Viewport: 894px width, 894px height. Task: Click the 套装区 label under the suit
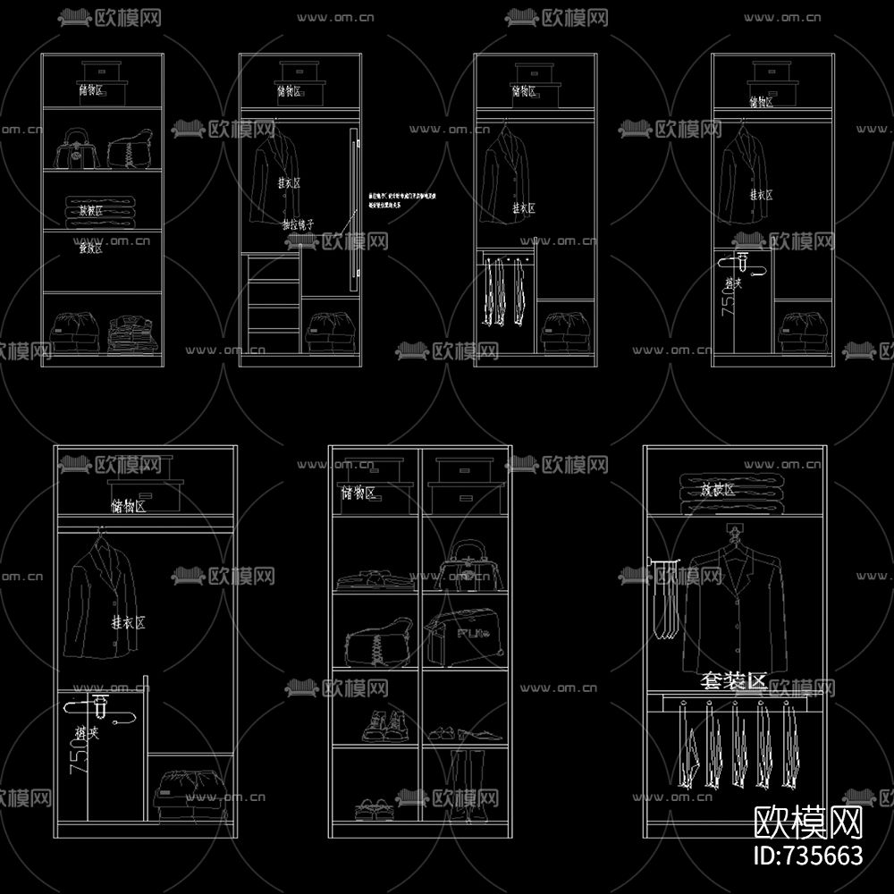click(x=733, y=682)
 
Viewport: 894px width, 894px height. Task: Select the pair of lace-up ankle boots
click(x=384, y=725)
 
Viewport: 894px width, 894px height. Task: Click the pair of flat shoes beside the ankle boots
click(x=462, y=732)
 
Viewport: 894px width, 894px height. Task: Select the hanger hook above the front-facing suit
click(x=735, y=533)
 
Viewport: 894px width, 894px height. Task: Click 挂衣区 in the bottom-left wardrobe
click(x=128, y=622)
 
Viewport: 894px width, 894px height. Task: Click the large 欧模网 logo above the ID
click(x=808, y=819)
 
